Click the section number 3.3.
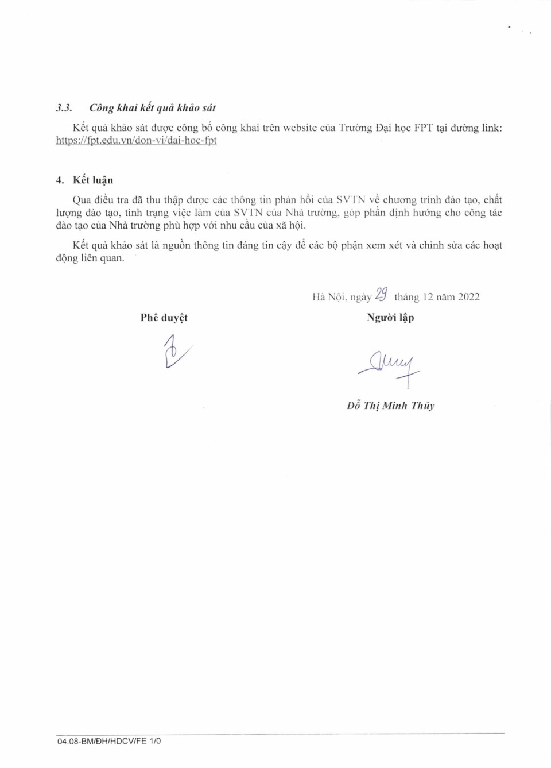pos(64,108)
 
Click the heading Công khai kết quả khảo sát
pos(152,108)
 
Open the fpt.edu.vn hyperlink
pos(136,140)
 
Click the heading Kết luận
pos(93,180)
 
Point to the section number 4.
pos(60,180)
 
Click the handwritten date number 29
pos(381,295)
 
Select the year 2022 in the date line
pos(468,297)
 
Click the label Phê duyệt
pos(164,318)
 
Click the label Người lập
pos(390,318)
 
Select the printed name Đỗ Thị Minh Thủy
pos(390,406)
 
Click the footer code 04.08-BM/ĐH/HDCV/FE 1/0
pos(109,741)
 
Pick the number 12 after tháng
pos(428,297)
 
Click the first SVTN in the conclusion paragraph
pos(350,200)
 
